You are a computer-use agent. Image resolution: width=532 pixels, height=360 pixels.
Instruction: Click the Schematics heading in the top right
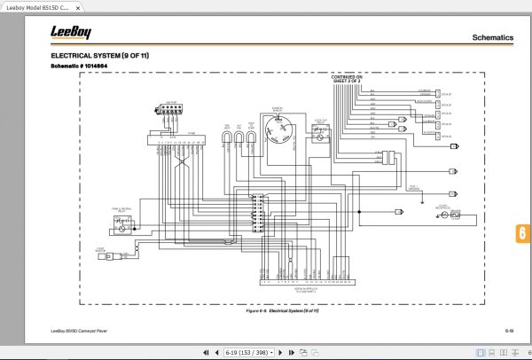pos(492,39)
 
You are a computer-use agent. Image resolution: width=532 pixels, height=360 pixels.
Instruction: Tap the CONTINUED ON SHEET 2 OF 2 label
pos(347,80)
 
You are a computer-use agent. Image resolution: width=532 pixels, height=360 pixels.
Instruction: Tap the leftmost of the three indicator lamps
pos(227,136)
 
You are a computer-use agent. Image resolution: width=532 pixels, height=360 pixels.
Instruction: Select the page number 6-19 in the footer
pos(510,331)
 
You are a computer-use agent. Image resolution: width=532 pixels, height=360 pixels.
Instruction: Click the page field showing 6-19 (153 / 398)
pos(249,352)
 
